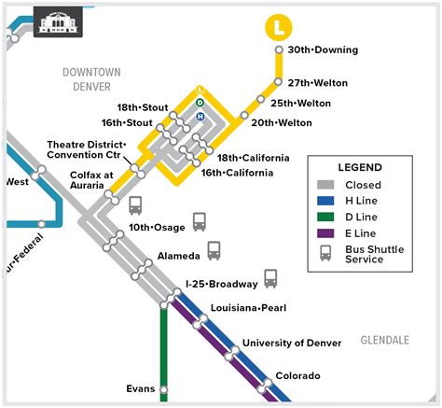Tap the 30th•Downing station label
(316, 49)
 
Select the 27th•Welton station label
(317, 82)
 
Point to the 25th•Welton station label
(300, 103)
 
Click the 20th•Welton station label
(282, 121)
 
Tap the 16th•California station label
(237, 173)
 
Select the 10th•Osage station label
(158, 227)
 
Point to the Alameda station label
(179, 255)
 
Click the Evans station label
(141, 388)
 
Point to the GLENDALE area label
(384, 340)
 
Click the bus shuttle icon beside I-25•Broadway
(270, 278)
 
